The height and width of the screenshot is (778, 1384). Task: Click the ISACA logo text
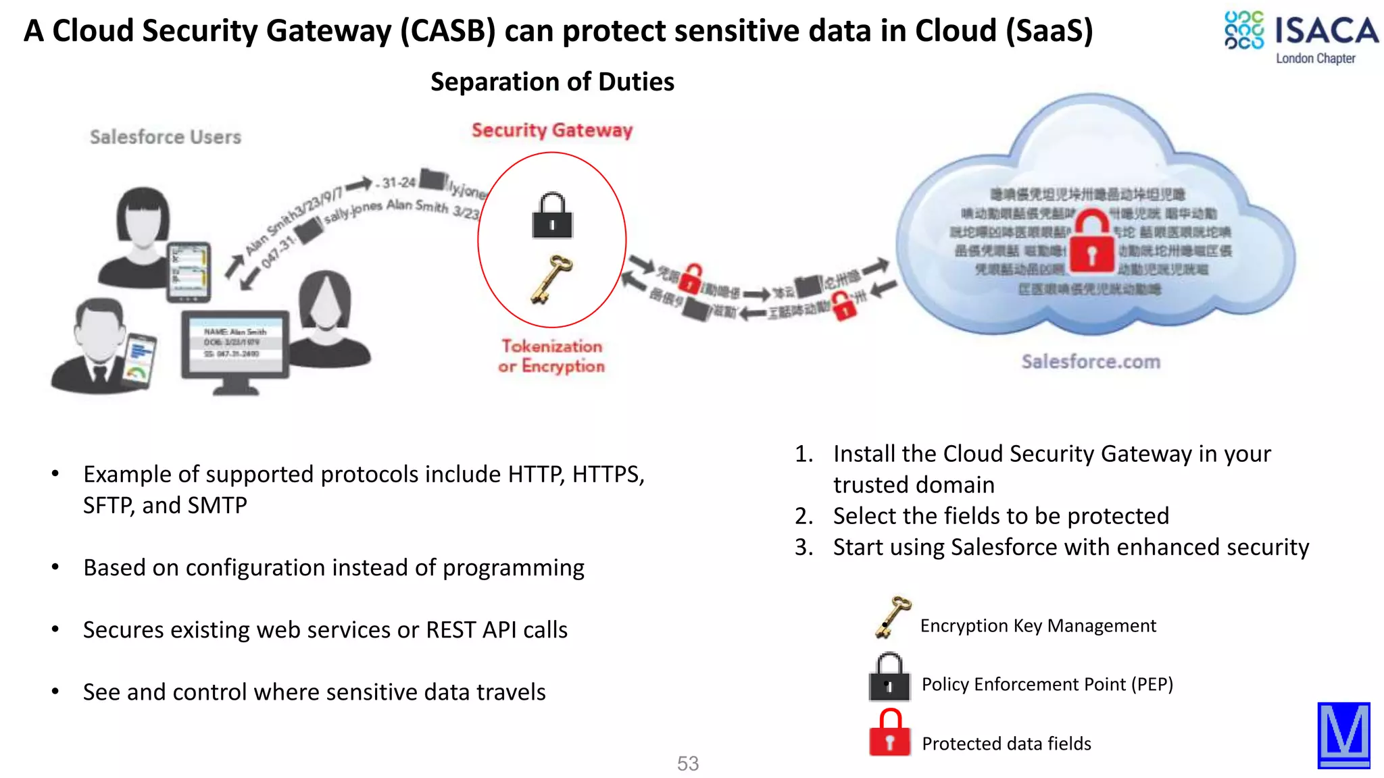pyautogui.click(x=1325, y=31)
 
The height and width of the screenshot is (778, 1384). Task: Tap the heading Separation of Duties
pyautogui.click(x=552, y=82)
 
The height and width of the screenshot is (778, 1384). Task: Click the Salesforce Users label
pyautogui.click(x=166, y=137)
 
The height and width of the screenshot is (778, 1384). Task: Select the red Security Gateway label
pyautogui.click(x=551, y=130)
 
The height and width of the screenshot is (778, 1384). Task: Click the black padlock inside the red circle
pyautogui.click(x=552, y=216)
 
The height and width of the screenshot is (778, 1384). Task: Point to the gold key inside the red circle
pyautogui.click(x=551, y=279)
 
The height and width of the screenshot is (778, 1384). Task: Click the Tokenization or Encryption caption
pyautogui.click(x=551, y=356)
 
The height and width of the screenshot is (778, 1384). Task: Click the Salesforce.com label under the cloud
pyautogui.click(x=1091, y=361)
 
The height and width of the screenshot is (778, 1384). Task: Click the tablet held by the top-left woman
pyautogui.click(x=189, y=271)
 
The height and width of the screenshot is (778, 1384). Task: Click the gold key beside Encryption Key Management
pyautogui.click(x=892, y=617)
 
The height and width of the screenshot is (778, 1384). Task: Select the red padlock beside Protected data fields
pyautogui.click(x=889, y=733)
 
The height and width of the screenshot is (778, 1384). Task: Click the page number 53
pyautogui.click(x=688, y=763)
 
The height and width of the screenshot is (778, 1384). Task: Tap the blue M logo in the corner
pyautogui.click(x=1343, y=735)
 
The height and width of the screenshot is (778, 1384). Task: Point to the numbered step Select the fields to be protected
pyautogui.click(x=1000, y=516)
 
